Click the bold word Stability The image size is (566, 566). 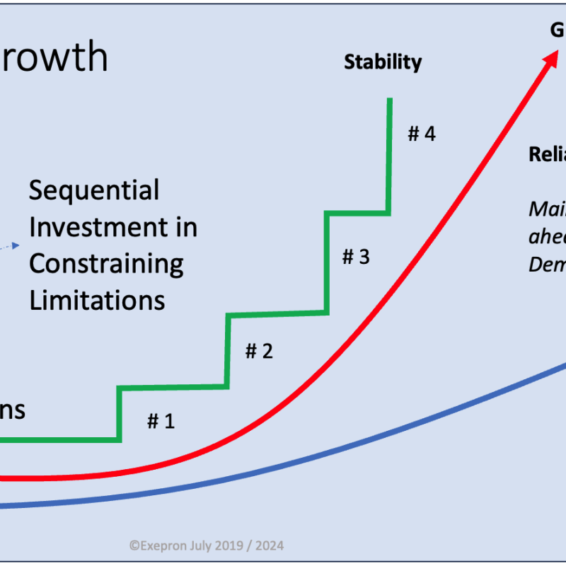382,62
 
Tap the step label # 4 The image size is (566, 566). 422,134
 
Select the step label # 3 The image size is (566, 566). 356,256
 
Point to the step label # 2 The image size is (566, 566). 259,351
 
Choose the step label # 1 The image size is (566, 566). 161,422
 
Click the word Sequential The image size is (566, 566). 94,191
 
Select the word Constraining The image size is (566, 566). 106,264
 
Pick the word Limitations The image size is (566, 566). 97,300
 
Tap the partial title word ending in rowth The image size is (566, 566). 54,58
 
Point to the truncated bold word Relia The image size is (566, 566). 547,155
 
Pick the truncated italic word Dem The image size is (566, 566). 547,264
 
